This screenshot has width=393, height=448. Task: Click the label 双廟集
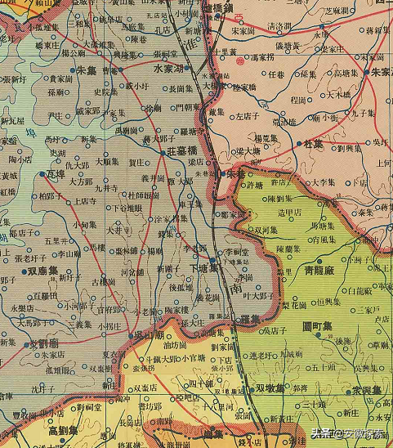tap(42, 269)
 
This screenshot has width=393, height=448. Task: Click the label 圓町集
tap(317, 326)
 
